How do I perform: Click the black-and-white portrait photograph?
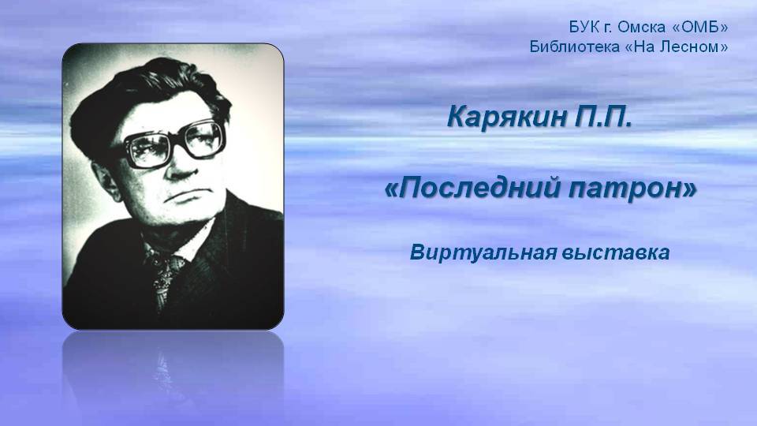[x=173, y=186]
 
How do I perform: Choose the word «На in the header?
[x=640, y=47]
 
